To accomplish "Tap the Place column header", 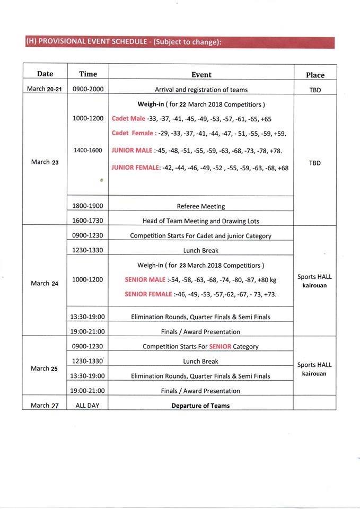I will coord(315,75).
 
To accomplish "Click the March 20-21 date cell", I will coord(45,89).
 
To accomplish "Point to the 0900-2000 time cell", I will coord(88,89).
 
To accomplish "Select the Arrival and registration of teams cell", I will coord(201,90).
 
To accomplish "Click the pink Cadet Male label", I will coord(128,119).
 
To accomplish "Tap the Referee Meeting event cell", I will coord(201,206).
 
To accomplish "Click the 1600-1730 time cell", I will coord(88,220).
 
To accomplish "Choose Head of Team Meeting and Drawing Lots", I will coord(201,221).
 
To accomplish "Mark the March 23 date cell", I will coord(45,162).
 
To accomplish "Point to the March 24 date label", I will coord(45,283).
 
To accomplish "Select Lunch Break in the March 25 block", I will coord(201,362).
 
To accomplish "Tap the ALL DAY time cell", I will coord(88,406).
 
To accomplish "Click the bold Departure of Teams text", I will coord(201,406).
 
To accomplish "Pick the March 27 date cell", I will coord(45,406).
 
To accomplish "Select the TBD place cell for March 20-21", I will coord(315,90).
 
